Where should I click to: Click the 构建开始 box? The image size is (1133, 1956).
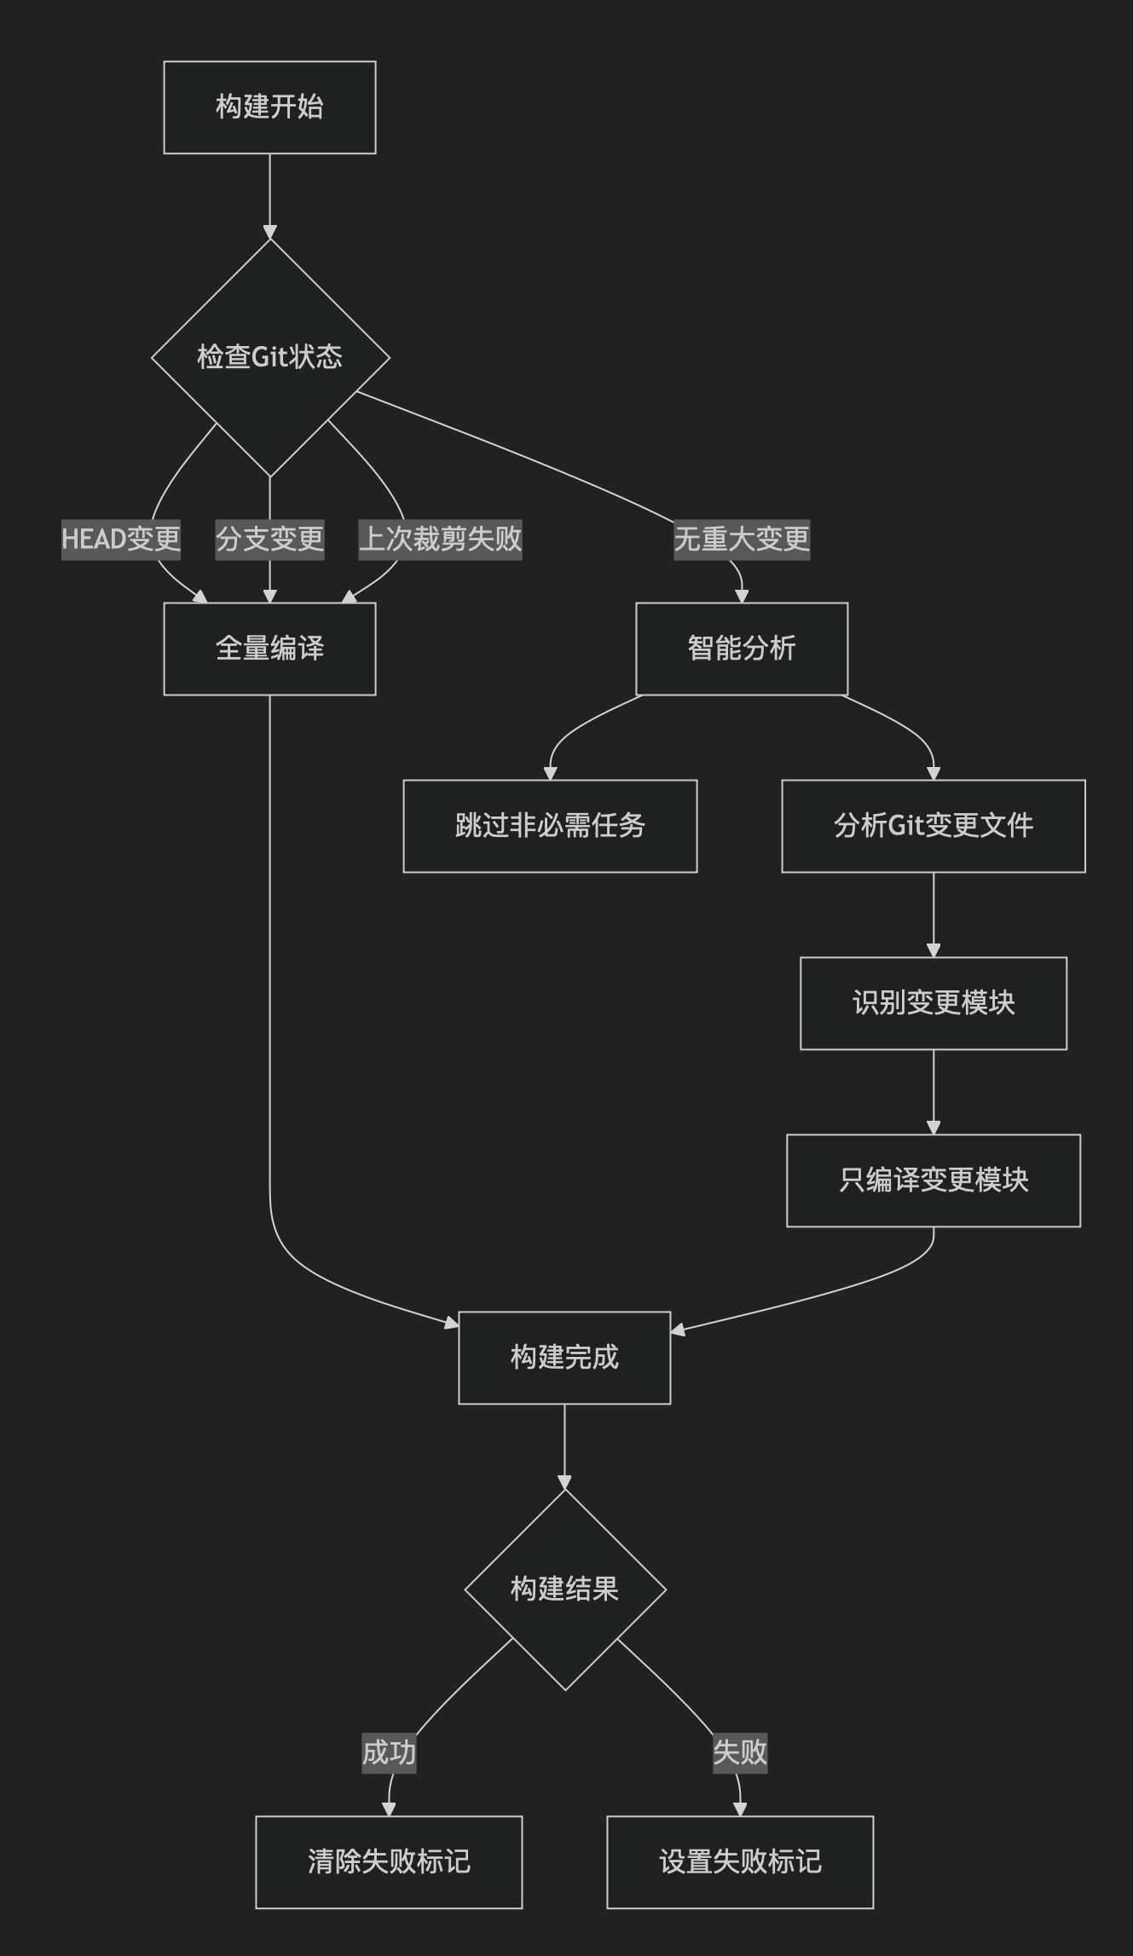tap(269, 107)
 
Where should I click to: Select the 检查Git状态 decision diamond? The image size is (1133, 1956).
tap(269, 356)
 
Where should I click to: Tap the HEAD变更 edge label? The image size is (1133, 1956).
tap(121, 539)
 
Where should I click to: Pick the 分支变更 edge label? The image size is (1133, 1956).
tap(269, 539)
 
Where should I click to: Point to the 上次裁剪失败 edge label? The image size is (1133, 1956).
tap(440, 539)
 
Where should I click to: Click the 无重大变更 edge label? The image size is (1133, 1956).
tap(742, 539)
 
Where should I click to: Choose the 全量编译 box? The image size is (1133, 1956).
tap(269, 649)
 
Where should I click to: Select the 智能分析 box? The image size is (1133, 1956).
tap(742, 649)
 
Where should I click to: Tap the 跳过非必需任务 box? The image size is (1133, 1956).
tap(550, 826)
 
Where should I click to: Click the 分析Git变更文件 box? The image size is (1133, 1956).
tap(934, 826)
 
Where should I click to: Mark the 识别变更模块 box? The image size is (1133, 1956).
tap(934, 1003)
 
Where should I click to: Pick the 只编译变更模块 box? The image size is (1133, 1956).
tap(934, 1180)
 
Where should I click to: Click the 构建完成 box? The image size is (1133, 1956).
tap(564, 1358)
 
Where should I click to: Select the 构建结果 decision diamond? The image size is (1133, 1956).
tap(564, 1590)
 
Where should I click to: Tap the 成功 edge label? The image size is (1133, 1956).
tap(389, 1752)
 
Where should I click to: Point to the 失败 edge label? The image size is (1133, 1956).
tap(740, 1752)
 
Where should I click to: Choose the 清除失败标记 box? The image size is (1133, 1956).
tap(389, 1862)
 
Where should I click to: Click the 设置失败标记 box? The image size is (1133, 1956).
tap(740, 1862)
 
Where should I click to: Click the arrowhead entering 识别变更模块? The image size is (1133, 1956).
tap(934, 950)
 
